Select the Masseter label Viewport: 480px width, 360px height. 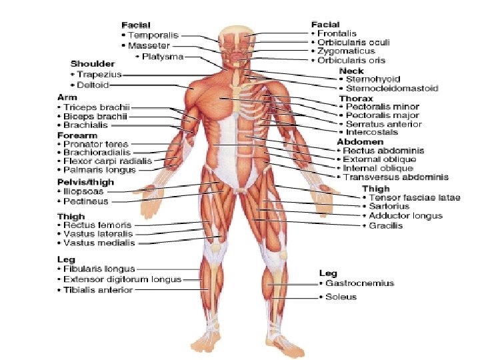tap(149, 45)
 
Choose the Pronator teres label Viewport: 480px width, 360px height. tap(96, 144)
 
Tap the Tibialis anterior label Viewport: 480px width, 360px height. tap(98, 290)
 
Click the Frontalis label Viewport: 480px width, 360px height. tap(337, 33)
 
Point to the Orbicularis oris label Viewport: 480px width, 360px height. tap(352, 60)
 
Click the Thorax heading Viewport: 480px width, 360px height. tap(354, 97)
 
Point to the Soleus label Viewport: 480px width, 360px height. tap(341, 297)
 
